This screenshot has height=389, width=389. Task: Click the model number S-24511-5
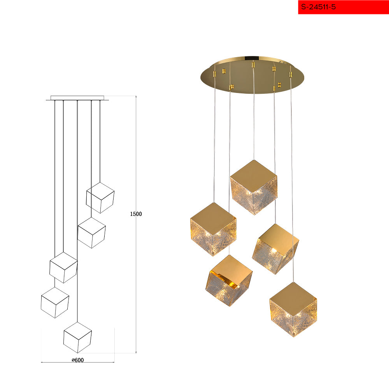pos(318,7)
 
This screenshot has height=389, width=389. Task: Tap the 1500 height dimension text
pos(136,214)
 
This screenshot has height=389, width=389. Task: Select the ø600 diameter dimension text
pos(78,360)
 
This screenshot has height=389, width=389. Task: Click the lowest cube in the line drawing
pos(78,337)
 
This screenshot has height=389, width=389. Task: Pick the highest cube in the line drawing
pos(100,198)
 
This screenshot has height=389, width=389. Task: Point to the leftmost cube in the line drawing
pos(55,302)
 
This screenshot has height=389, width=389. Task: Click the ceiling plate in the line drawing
pos(77,98)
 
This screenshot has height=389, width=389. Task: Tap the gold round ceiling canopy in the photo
pos(252,75)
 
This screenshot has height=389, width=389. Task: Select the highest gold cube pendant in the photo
pos(254,187)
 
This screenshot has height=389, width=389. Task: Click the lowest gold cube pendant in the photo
pos(293,309)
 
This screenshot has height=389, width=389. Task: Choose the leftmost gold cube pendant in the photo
pos(213,229)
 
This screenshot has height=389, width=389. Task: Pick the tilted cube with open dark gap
pos(229,280)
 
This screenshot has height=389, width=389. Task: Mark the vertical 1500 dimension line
pos(136,224)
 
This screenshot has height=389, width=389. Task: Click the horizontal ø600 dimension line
pos(78,362)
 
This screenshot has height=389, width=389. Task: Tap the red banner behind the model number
pos(343,7)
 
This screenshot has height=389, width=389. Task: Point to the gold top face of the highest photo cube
pos(254,176)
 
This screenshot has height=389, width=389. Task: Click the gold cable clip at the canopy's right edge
pos(291,74)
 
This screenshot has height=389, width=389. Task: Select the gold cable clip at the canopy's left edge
pos(215,74)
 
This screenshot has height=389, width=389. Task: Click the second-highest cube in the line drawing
pos(91,233)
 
